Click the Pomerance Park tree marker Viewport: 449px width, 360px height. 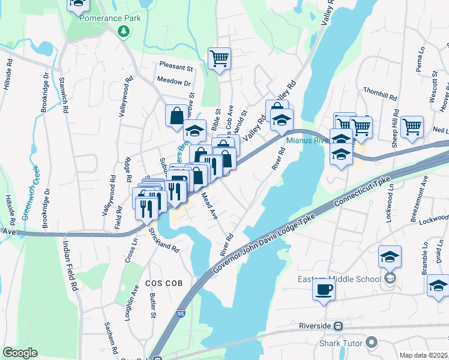pos(124,30)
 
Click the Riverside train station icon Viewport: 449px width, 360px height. pos(339,326)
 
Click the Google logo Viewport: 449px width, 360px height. pos(20,353)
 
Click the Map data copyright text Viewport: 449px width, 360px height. pos(423,355)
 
